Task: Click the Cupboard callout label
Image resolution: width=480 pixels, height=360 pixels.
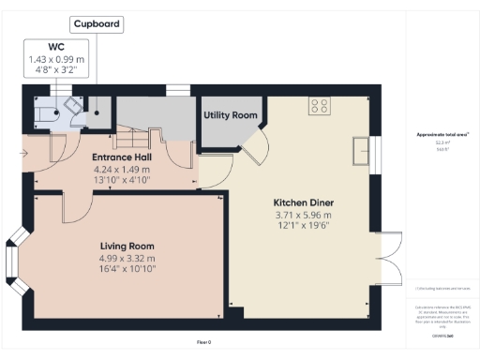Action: (97, 23)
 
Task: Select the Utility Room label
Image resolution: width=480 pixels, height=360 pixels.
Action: (231, 115)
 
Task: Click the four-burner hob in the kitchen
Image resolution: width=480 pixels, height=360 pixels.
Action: (320, 106)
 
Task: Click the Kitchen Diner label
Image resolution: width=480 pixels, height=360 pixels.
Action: (304, 202)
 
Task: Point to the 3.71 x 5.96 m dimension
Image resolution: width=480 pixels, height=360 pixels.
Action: (304, 216)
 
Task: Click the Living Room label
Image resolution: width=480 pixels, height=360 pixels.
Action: (127, 246)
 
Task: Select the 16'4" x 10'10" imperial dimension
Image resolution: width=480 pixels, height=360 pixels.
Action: (127, 269)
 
